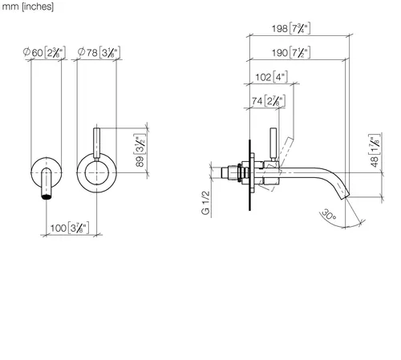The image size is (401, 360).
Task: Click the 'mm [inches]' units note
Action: (x=27, y=6)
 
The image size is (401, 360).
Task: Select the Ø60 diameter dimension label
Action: (x=44, y=52)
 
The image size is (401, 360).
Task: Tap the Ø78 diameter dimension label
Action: (x=99, y=52)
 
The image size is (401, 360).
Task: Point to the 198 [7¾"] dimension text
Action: (x=291, y=28)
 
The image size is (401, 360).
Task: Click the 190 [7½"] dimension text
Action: (x=291, y=52)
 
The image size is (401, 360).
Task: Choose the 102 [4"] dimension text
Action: (x=271, y=77)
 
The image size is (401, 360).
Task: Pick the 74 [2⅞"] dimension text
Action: (x=269, y=101)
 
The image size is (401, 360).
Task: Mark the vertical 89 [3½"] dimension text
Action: (x=140, y=150)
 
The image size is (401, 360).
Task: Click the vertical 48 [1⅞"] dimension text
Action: (x=375, y=151)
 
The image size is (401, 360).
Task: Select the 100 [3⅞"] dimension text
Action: (x=70, y=228)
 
